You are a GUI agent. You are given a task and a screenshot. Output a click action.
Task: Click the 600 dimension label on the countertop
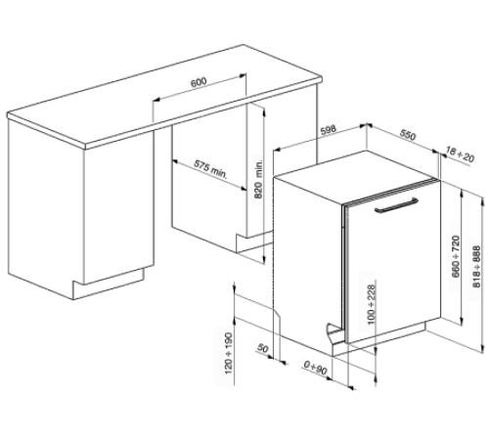point(199,82)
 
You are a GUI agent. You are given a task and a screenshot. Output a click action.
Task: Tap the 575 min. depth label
point(211,168)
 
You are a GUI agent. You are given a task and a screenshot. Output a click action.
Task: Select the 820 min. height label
point(258,179)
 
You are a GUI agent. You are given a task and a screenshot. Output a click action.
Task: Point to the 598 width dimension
point(328,130)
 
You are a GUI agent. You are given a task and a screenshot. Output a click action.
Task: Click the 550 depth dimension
point(408,134)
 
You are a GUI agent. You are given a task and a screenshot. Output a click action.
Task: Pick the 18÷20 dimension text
point(460,154)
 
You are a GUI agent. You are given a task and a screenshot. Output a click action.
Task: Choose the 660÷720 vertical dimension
point(456,256)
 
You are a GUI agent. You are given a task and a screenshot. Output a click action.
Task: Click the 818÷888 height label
point(476,267)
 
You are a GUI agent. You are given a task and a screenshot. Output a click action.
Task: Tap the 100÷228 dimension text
point(372,304)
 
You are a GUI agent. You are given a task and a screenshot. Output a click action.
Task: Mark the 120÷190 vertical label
point(229,353)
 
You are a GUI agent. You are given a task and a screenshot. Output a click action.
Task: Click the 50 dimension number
point(263,348)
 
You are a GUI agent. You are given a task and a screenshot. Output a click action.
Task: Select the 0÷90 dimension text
point(315,368)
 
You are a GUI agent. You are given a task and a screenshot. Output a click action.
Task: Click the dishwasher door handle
point(396,204)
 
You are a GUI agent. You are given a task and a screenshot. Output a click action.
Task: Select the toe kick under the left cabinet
point(109,285)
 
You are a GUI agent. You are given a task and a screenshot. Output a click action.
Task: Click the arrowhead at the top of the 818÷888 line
point(482,199)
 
